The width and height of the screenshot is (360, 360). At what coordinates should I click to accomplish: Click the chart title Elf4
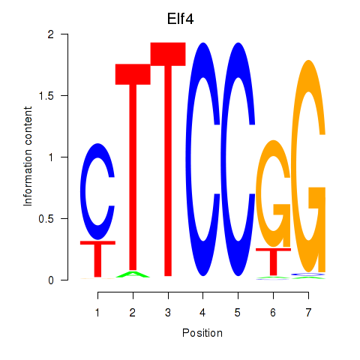(x=180, y=19)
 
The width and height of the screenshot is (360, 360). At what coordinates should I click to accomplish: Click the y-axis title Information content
(x=28, y=157)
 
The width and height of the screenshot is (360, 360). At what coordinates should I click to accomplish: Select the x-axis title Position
(x=202, y=333)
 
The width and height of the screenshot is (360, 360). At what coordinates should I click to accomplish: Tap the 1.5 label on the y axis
(x=46, y=95)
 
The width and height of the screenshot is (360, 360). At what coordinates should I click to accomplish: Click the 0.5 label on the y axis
(x=46, y=219)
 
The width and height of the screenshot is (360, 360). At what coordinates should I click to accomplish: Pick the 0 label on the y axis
(x=51, y=280)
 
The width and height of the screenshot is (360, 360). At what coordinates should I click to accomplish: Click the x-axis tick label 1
(x=97, y=313)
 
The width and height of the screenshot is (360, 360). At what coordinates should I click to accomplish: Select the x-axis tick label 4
(x=202, y=313)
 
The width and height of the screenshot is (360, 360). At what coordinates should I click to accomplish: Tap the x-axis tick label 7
(x=308, y=313)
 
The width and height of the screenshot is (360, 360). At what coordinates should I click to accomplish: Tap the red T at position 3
(x=168, y=160)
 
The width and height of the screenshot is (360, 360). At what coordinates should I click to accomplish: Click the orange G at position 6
(x=259, y=193)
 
